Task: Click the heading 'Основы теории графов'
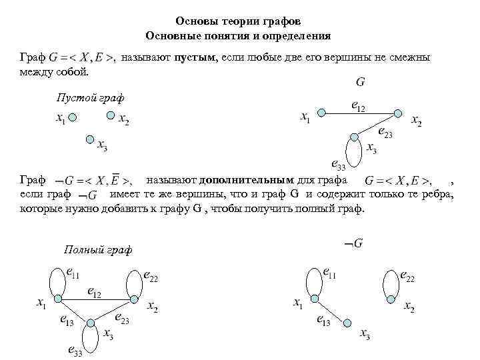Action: pyautogui.click(x=238, y=21)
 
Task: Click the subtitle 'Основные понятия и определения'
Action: pyautogui.click(x=238, y=35)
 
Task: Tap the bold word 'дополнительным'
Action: pyautogui.click(x=245, y=180)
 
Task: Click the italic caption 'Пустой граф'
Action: pyautogui.click(x=89, y=98)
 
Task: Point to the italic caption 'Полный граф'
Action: pyautogui.click(x=98, y=249)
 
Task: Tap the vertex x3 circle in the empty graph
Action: pyautogui.click(x=89, y=139)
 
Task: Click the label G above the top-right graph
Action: pyautogui.click(x=360, y=83)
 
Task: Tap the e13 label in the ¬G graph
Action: pyautogui.click(x=322, y=322)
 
